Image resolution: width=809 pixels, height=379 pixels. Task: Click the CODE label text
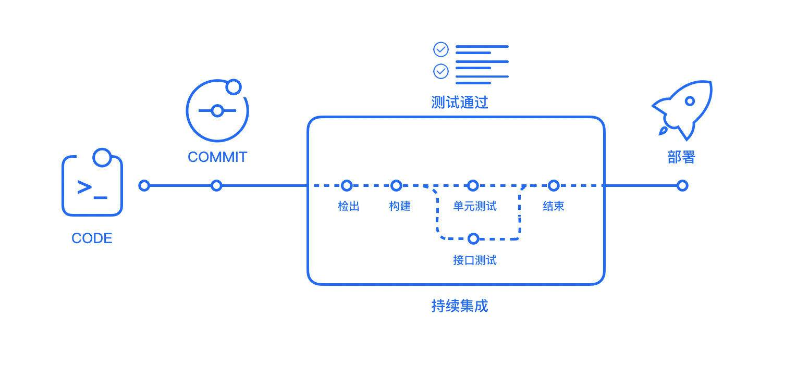coord(92,238)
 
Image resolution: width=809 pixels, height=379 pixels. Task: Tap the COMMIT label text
coord(217,157)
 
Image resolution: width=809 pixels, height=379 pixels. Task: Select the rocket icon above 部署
coord(683,109)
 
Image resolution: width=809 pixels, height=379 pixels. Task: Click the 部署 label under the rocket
coord(681,157)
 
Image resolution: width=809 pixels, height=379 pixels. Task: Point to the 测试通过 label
coord(459,103)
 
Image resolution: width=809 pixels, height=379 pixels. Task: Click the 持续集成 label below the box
coord(459,306)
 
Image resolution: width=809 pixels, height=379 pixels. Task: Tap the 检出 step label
coord(348,206)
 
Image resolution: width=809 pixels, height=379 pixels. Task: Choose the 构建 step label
coord(400,206)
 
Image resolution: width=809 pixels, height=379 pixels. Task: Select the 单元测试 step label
coord(474,206)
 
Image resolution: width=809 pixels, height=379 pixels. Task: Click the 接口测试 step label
coord(474,260)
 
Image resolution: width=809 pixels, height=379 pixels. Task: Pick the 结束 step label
coord(553,206)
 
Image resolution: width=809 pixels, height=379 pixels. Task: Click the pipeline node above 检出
coord(346,185)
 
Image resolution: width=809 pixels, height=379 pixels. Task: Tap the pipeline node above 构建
coord(396,185)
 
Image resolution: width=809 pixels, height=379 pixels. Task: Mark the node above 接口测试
coord(473,238)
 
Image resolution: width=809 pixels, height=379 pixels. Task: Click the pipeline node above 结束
coord(554,185)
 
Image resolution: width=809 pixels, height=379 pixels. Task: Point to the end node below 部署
coord(682,185)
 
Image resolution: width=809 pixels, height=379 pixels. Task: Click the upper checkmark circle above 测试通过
coord(441,49)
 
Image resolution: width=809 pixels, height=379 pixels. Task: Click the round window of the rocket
coord(690,101)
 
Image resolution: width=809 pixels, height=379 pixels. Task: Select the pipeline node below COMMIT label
coord(216,185)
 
